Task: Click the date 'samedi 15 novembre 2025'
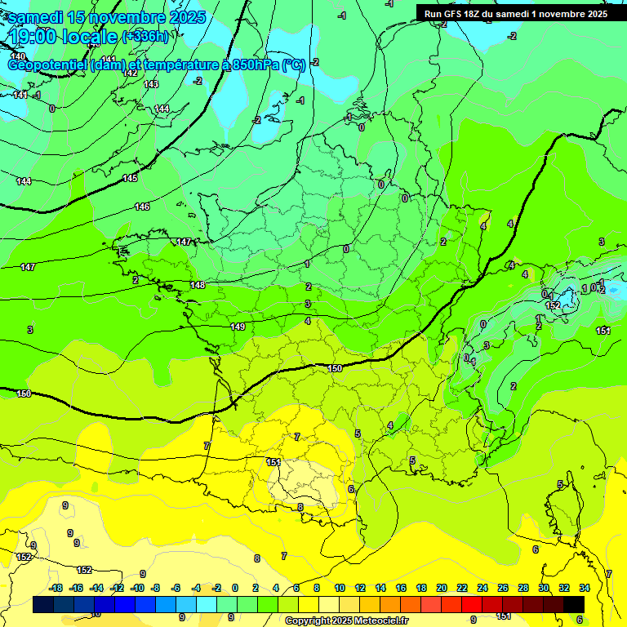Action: pyautogui.click(x=106, y=17)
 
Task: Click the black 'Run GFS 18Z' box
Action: pyautogui.click(x=515, y=14)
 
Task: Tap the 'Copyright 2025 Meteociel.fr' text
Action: pyautogui.click(x=346, y=620)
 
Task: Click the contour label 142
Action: pyautogui.click(x=130, y=73)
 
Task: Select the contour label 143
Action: pyautogui.click(x=151, y=84)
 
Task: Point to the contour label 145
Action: pyautogui.click(x=130, y=178)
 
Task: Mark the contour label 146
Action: pyautogui.click(x=142, y=207)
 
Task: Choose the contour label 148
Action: pyautogui.click(x=198, y=285)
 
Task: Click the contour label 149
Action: pyautogui.click(x=238, y=327)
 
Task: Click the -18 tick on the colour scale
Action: pyautogui.click(x=56, y=588)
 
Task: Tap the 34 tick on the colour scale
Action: pyautogui.click(x=585, y=588)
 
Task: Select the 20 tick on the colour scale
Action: pyautogui.click(x=441, y=588)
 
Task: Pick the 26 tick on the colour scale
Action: pyautogui.click(x=502, y=588)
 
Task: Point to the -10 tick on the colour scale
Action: pyautogui.click(x=138, y=588)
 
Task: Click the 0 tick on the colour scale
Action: pyautogui.click(x=234, y=588)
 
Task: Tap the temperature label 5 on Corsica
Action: pyautogui.click(x=559, y=484)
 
